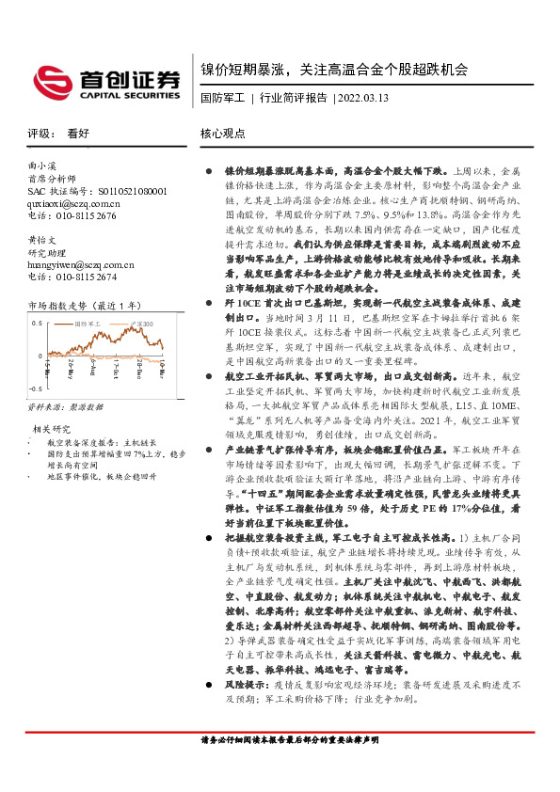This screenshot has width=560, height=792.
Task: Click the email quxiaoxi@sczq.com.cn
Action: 73,202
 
